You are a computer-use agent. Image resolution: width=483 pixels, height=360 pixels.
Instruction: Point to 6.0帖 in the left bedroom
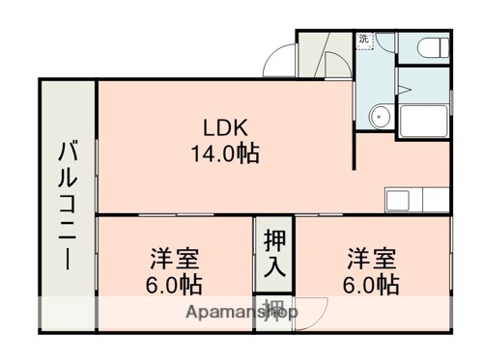click(174, 286)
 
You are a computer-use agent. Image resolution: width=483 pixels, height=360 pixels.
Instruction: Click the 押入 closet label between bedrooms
click(275, 252)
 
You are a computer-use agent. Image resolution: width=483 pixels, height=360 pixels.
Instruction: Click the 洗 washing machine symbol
click(364, 40)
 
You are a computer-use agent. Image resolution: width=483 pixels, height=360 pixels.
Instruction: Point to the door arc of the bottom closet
click(311, 312)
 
